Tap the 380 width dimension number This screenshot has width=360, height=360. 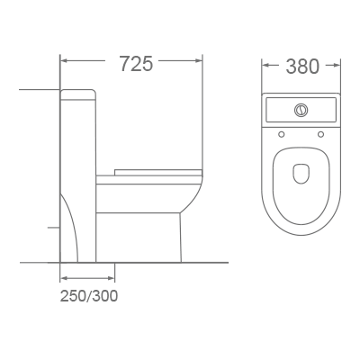(x=302, y=67)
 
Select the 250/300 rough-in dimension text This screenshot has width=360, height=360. (x=89, y=294)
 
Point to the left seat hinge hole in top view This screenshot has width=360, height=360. (x=282, y=135)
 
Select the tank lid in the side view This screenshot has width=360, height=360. (x=79, y=92)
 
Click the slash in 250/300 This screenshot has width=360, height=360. (x=89, y=294)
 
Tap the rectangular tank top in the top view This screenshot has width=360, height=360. (x=301, y=112)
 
